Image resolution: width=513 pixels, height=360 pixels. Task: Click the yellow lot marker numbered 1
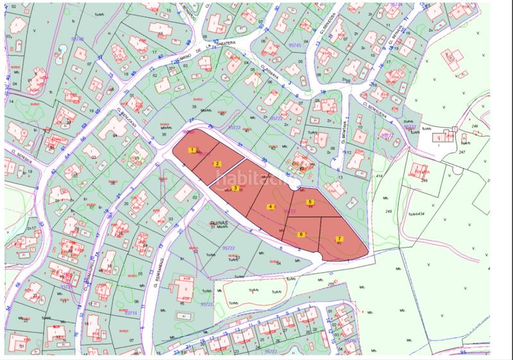(x=191, y=150)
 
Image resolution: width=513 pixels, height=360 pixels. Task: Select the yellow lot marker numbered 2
(x=217, y=164)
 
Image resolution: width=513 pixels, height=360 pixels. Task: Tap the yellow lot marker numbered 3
(x=235, y=188)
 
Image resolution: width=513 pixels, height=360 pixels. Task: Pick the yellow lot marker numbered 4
(x=271, y=207)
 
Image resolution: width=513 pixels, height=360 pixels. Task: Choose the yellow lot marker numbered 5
(x=310, y=202)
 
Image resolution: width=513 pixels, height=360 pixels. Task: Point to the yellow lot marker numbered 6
(x=301, y=234)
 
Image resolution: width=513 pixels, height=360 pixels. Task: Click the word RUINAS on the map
(x=219, y=224)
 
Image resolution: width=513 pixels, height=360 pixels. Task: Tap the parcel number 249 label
(x=424, y=182)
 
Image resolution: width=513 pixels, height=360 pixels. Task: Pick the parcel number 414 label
(x=380, y=175)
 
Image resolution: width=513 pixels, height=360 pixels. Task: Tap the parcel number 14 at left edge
(x=11, y=101)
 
